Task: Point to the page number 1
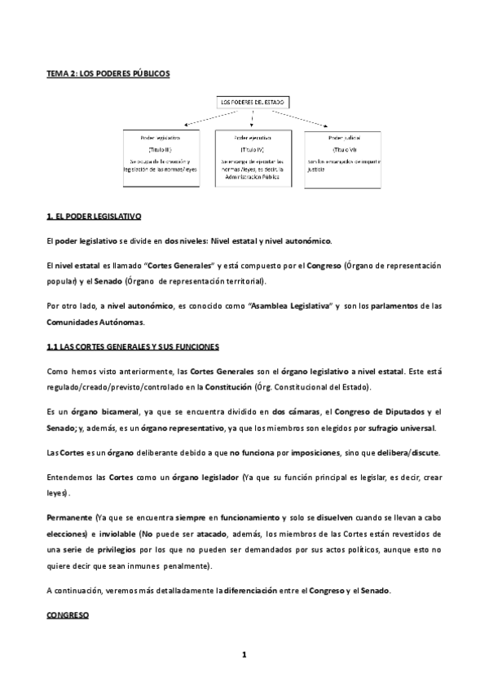coord(244,654)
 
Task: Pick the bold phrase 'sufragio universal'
coord(406,429)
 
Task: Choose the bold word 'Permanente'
coord(68,517)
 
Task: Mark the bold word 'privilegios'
coord(128,550)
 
